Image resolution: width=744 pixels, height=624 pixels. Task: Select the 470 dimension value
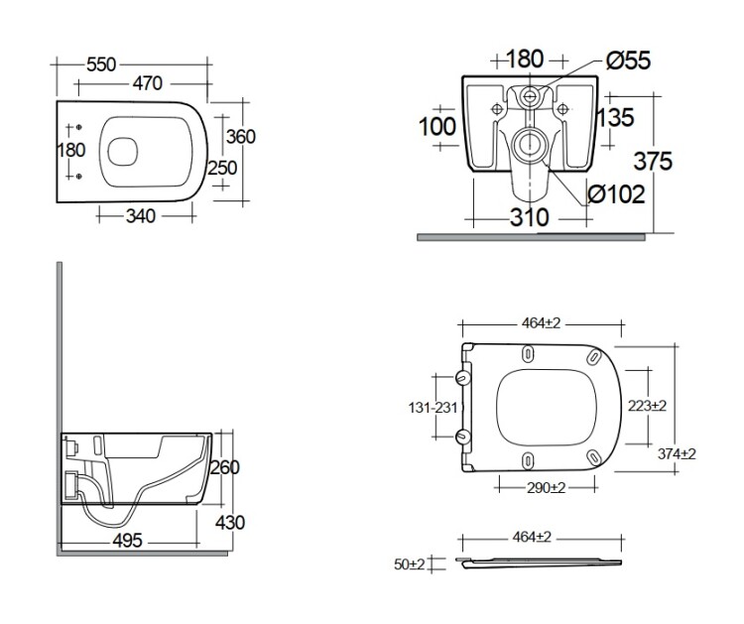[x=141, y=84]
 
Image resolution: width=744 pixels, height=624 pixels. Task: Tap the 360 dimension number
[x=240, y=136]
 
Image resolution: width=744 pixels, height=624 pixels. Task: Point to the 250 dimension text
[x=222, y=168]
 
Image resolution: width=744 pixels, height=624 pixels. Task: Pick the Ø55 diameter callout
[x=627, y=62]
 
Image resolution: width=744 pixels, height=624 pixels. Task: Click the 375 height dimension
[x=655, y=161]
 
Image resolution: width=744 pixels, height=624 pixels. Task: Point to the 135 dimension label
[x=615, y=118]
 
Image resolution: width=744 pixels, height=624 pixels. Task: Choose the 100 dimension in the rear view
[x=436, y=127]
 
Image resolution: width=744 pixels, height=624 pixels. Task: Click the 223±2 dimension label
[x=647, y=406]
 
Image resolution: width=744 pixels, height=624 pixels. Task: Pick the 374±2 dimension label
[x=676, y=453]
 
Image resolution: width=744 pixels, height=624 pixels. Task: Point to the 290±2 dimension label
[x=546, y=488]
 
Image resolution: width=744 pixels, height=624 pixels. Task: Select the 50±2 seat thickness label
[x=408, y=563]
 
